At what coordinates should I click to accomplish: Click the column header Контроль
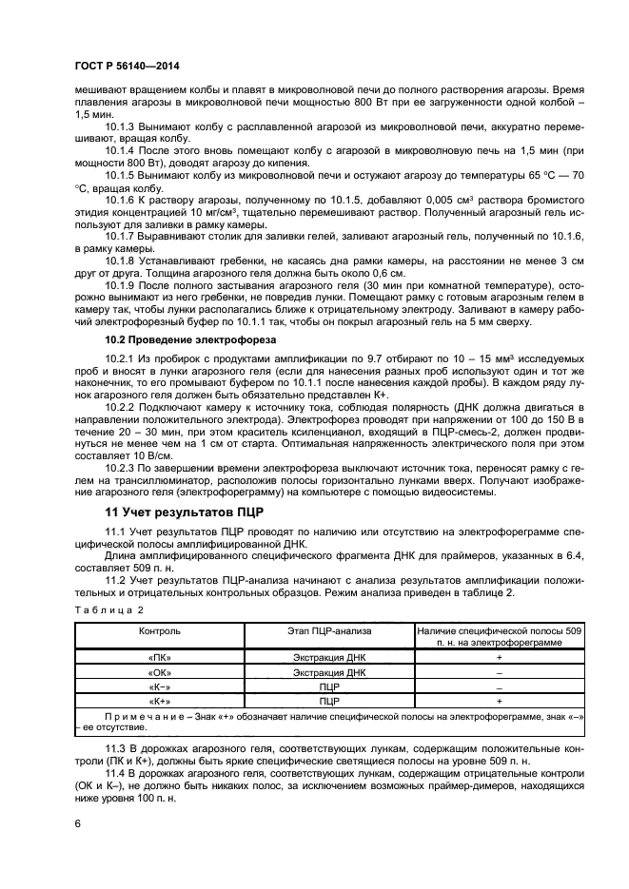(x=159, y=630)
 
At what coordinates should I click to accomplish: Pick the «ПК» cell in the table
(x=159, y=657)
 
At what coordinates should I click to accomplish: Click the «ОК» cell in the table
(x=159, y=671)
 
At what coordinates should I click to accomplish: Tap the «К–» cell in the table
(x=159, y=686)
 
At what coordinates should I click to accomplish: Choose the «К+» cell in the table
(x=159, y=700)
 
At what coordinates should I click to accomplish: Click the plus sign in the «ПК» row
(x=499, y=657)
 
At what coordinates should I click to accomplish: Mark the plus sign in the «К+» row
(x=499, y=700)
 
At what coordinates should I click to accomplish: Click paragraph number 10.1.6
(x=120, y=200)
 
